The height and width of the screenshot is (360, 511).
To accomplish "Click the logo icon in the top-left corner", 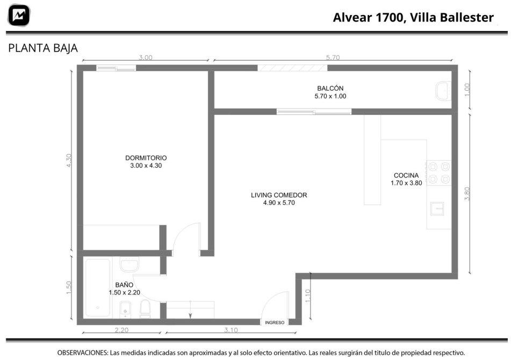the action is point(19,15).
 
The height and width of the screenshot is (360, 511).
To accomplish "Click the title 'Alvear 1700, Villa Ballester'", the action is point(413,17).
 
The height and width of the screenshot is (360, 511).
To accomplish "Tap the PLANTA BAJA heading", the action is point(43,48).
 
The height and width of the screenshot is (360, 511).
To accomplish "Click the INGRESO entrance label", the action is point(275,322).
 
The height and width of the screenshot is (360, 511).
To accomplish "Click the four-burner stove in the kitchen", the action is point(439,173).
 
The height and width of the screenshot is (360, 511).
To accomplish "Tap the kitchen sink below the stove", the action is point(437,209).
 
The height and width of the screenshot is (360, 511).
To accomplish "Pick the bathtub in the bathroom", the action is point(98,287).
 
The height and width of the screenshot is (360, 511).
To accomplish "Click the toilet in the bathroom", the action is point(145,308).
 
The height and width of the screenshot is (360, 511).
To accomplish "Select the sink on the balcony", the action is point(443,91).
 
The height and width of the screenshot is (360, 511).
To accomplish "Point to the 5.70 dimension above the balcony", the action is point(333,57).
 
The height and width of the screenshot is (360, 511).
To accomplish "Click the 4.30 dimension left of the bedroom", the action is point(69,161).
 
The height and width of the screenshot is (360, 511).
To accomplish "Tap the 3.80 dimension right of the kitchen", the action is point(467,193).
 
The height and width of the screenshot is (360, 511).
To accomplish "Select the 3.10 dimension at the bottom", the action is point(231,330).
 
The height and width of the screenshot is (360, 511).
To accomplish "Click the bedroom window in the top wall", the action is point(116,68).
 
